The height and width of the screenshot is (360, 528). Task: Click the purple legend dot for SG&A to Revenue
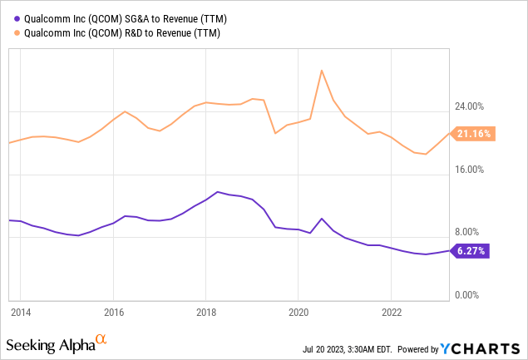[10, 18]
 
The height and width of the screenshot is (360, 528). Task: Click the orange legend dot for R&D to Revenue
[10, 32]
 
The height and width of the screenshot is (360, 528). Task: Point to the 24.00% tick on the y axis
[471, 106]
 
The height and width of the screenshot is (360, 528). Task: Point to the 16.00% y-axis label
[471, 170]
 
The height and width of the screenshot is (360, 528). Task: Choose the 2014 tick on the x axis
[21, 312]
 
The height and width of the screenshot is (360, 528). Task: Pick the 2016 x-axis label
[114, 312]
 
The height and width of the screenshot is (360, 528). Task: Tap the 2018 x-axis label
[206, 312]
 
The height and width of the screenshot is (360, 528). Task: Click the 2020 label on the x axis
[299, 312]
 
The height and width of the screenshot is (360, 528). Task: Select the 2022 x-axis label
[392, 312]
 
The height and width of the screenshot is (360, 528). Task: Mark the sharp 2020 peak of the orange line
[321, 70]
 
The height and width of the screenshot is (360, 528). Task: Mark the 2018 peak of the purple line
[217, 192]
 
